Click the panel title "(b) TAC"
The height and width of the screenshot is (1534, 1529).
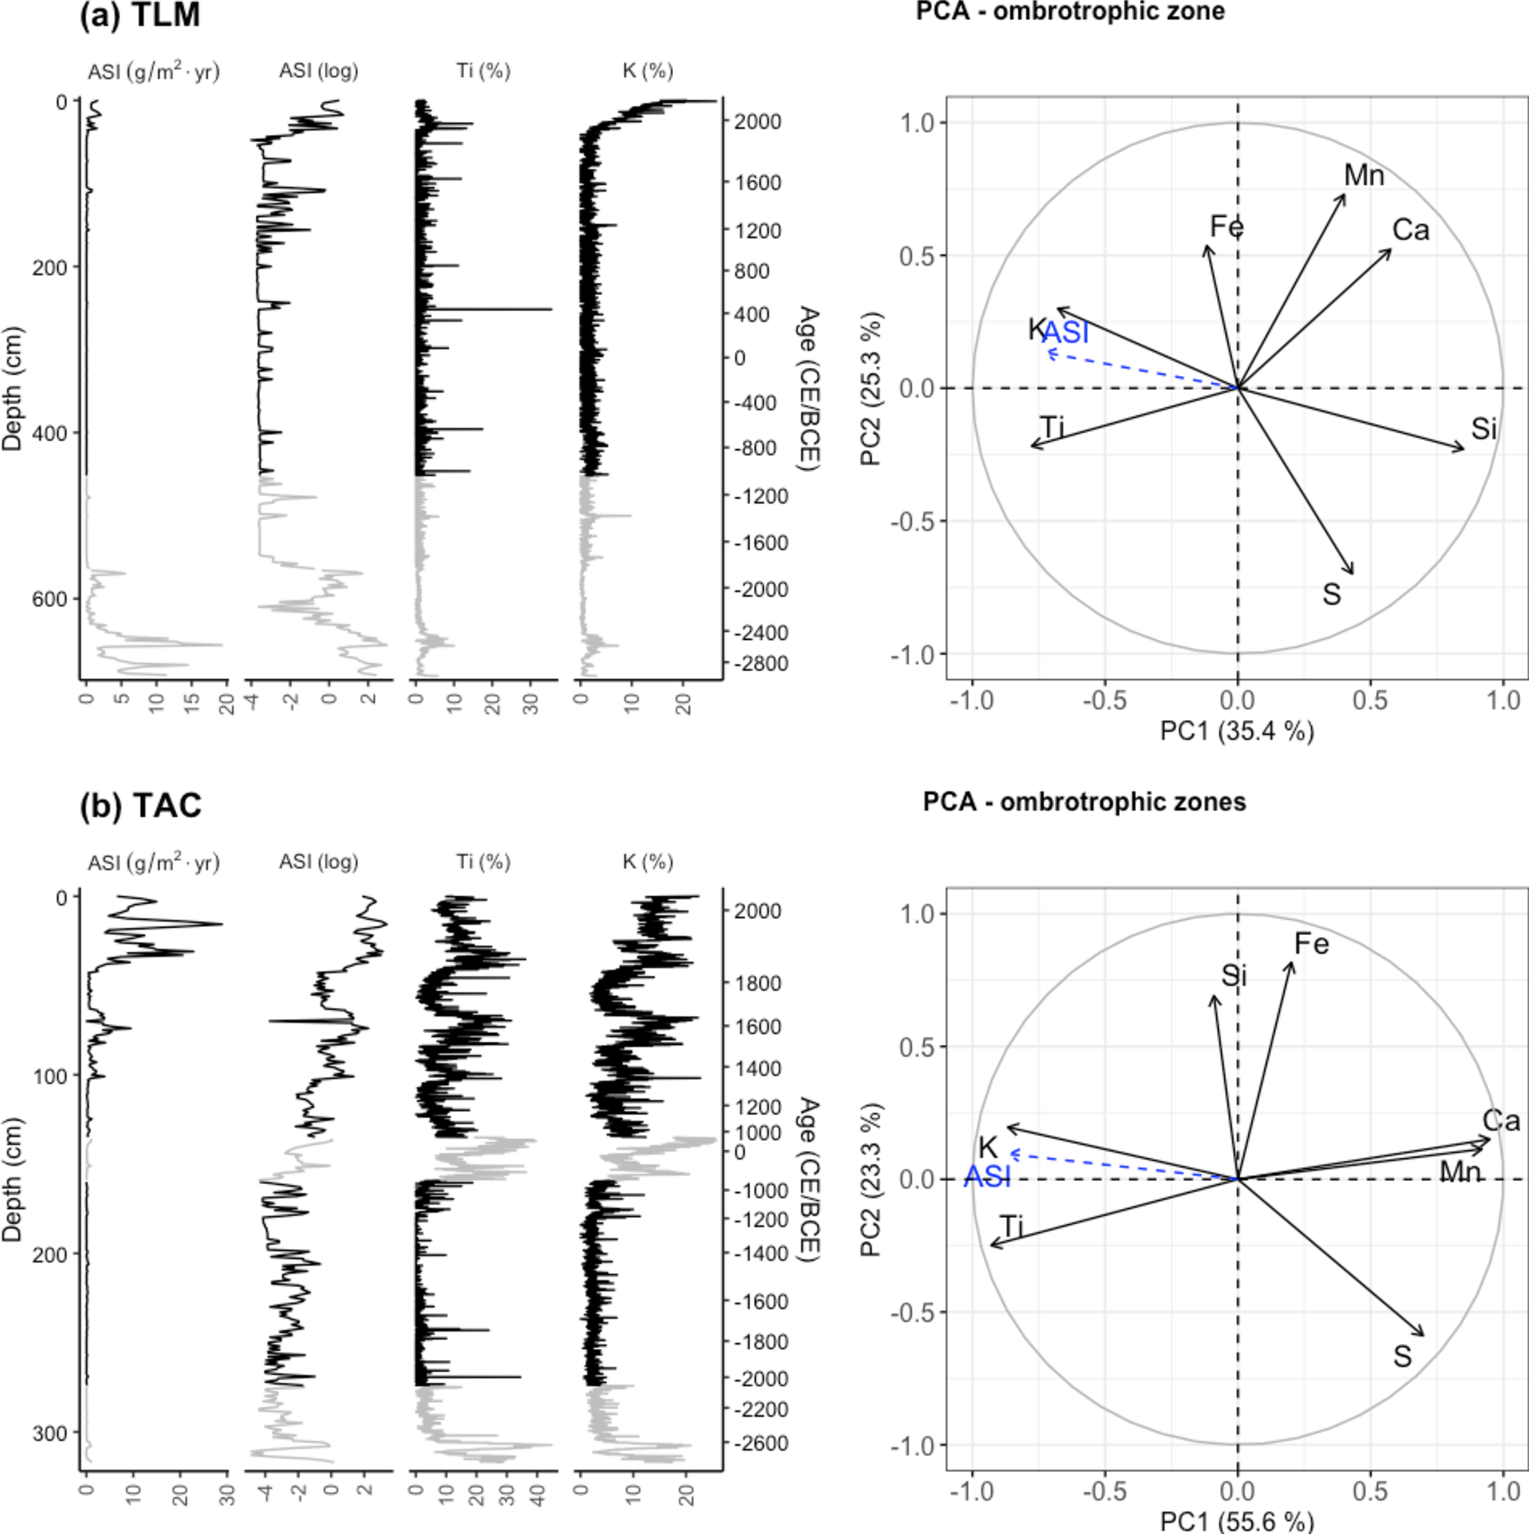coord(141,805)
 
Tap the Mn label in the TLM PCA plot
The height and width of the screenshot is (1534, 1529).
coord(1364,175)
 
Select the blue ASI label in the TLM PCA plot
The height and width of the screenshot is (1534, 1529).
coord(1065,333)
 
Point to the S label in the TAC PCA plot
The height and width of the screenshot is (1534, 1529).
coord(1402,1356)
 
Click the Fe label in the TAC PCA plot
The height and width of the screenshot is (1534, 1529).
coord(1311,944)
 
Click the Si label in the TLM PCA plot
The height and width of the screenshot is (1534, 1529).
coord(1484,429)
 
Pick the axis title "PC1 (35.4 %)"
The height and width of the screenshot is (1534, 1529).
coord(1237,730)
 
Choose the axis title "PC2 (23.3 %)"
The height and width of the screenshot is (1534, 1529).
coord(871,1180)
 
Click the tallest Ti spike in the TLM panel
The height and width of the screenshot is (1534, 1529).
coord(550,309)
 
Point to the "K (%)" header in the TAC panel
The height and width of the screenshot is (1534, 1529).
coord(648,861)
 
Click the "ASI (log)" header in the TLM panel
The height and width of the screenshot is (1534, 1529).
coord(318,72)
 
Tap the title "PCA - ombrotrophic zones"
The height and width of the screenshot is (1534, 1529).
coord(1084,802)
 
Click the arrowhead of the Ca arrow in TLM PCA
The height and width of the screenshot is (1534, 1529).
coord(1389,251)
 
